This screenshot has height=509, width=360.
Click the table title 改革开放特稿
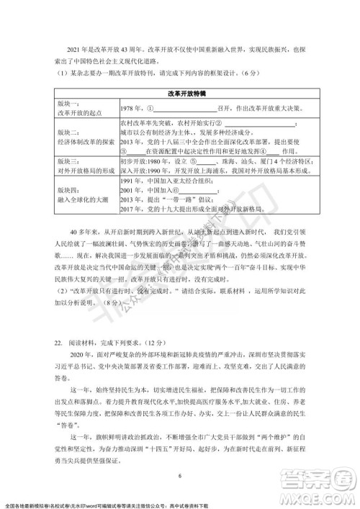click(x=181, y=94)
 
